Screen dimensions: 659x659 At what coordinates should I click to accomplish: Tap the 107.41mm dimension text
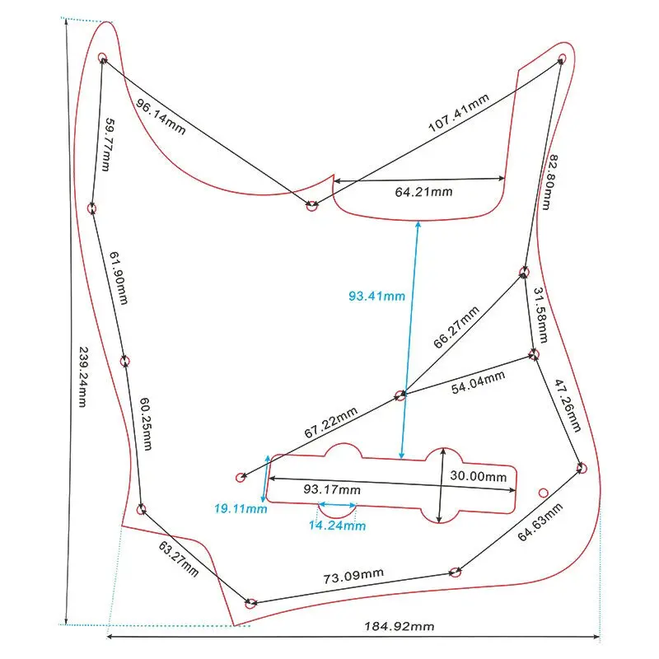click(x=458, y=114)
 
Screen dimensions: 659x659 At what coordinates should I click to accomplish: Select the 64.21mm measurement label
click(x=423, y=193)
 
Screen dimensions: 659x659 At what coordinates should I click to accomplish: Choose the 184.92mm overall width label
click(x=400, y=626)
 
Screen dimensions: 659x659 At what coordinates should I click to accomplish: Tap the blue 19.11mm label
click(x=241, y=509)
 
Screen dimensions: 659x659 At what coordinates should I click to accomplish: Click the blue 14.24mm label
click(x=338, y=525)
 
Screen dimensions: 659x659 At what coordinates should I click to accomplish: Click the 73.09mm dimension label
click(x=353, y=576)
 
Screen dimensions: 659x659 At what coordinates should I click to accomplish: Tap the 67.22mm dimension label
click(x=330, y=423)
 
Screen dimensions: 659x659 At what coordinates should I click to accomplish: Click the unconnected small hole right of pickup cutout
click(x=544, y=492)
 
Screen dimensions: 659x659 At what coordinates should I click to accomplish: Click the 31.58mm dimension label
click(x=540, y=317)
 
